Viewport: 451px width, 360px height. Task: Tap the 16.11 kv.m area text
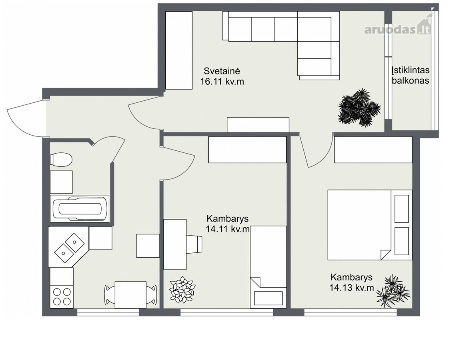coord(222,82)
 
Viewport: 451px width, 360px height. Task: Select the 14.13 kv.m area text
coord(351,288)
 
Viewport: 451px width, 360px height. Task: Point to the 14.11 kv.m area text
coord(228,229)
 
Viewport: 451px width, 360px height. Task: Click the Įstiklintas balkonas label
coord(411,75)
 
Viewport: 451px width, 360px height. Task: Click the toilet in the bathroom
coord(60,160)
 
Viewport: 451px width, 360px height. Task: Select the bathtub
coord(80,208)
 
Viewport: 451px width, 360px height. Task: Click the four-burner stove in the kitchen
coord(62,296)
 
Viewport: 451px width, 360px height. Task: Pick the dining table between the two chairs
coord(130,295)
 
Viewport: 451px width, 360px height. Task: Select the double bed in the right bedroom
coord(370,224)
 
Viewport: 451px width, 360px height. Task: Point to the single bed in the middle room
coord(269,267)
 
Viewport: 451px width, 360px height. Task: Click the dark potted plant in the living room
coord(359,108)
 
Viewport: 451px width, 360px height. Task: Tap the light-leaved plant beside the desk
coord(182,290)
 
